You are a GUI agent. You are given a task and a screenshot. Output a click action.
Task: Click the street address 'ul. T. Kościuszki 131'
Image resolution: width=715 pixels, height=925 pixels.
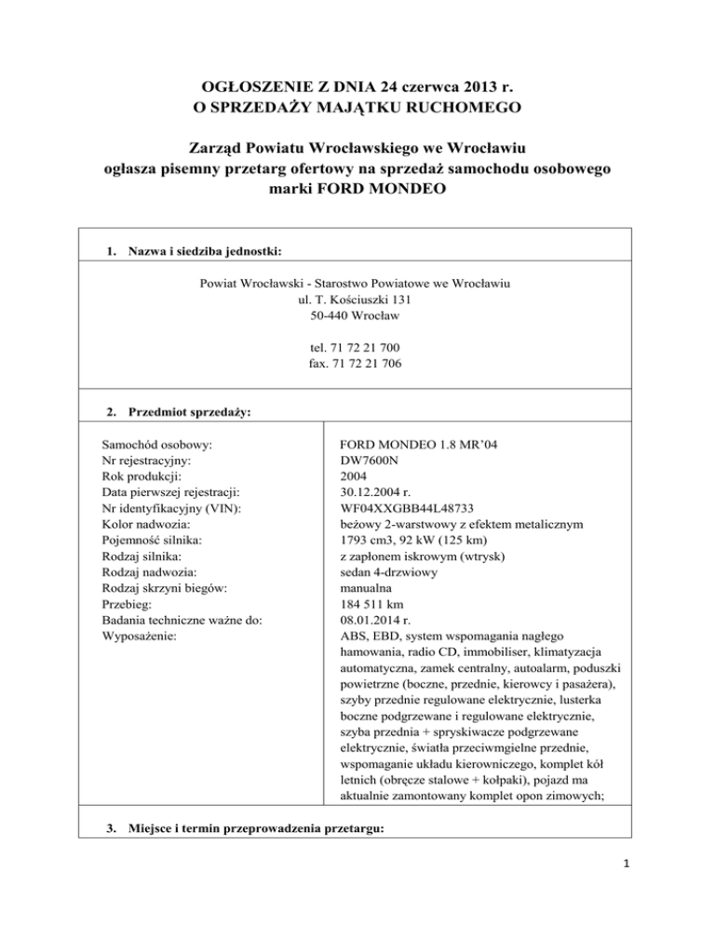[x=357, y=300]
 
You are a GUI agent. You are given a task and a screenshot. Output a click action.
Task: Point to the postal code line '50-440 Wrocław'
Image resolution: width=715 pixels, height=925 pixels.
[x=357, y=316]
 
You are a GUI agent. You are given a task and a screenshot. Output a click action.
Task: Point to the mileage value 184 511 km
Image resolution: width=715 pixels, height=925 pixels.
[x=377, y=605]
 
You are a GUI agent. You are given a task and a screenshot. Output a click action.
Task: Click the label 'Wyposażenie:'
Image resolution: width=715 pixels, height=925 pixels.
[x=141, y=637]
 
